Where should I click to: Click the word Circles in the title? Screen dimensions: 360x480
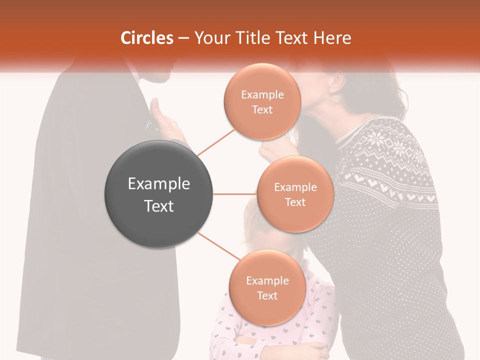pos(147,38)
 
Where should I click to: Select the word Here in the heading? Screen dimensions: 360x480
pos(332,38)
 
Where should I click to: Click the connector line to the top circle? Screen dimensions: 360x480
pos(216,142)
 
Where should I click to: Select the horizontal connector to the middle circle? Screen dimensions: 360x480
pos(234,194)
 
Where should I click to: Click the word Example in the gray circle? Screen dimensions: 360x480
pos(159,184)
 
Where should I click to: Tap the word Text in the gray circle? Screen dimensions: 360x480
pos(159,206)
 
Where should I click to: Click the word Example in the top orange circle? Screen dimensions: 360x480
pos(262,95)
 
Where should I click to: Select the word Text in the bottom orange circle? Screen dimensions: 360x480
pos(267,295)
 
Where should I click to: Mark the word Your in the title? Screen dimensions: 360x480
pos(210,38)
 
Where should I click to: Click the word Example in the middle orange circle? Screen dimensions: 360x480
pos(295,187)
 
